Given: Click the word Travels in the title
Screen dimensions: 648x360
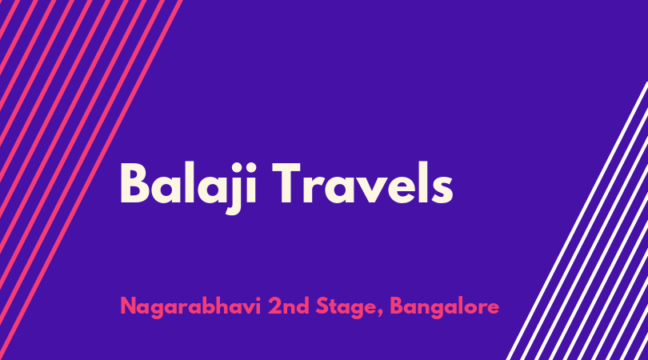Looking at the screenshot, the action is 362,182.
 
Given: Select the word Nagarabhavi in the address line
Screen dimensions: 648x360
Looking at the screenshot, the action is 190,306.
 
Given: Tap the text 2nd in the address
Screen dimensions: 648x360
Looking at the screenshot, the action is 289,306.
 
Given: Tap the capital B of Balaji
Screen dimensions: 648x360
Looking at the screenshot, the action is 134,182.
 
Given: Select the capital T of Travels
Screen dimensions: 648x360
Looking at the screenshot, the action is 286,182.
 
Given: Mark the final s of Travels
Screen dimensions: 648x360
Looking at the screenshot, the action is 442,190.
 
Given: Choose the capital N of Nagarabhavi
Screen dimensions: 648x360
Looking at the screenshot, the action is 128,306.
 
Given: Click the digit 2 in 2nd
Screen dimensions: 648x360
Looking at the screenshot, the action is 274,306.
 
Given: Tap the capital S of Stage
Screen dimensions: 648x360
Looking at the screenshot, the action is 322,306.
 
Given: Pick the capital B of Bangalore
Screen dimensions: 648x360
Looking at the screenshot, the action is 396,306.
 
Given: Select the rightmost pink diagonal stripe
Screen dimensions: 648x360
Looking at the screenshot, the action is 91,174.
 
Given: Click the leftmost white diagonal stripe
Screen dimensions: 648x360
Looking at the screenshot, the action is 577,221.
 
